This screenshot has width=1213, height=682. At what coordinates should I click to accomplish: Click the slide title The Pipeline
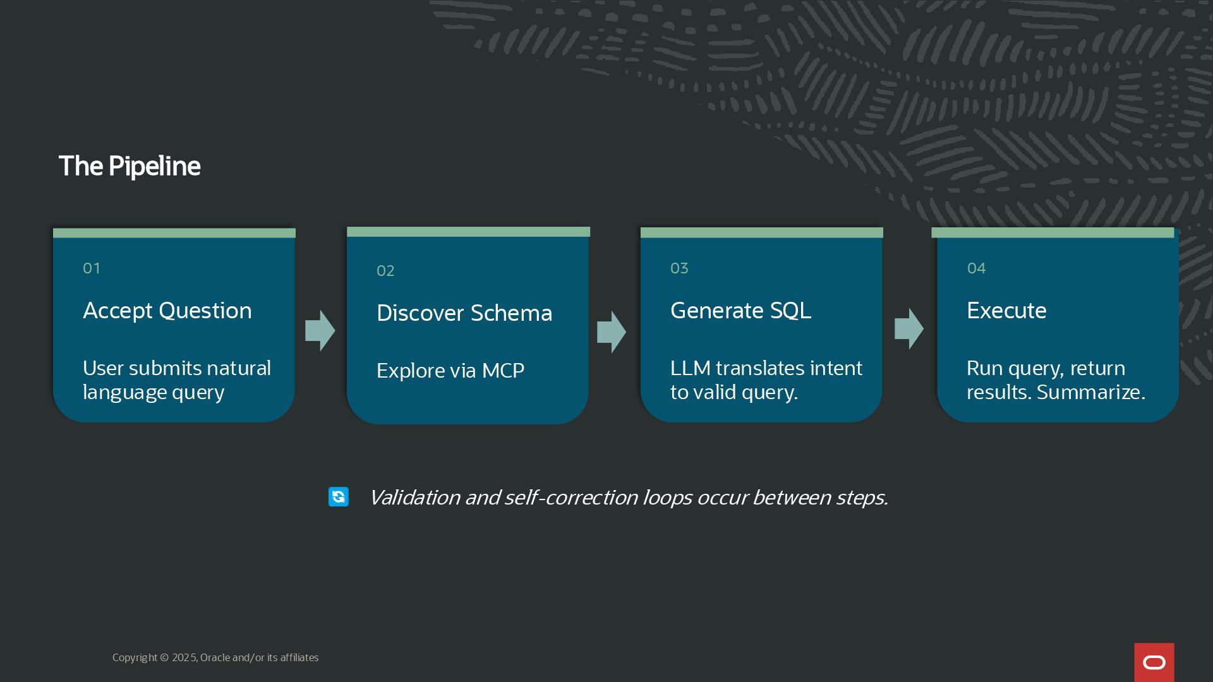coord(130,166)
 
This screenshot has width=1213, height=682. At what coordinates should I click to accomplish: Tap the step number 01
coord(92,268)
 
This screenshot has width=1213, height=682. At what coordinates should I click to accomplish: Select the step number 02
coord(385,271)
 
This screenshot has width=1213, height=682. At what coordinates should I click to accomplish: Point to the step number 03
coord(679,268)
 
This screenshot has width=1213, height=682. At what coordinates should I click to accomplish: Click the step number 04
coord(976,268)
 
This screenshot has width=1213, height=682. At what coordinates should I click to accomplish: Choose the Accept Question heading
coord(167,311)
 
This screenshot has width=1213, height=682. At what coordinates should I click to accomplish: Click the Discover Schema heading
coord(464,313)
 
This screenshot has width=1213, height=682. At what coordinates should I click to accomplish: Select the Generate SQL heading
coord(740,311)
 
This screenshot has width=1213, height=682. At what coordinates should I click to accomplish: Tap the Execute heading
coord(1006,311)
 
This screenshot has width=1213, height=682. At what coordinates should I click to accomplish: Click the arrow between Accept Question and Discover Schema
coord(320,330)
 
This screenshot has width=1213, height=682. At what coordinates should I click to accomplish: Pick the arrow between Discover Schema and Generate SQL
coord(612,332)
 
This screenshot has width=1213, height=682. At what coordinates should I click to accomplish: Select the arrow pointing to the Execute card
coord(909,329)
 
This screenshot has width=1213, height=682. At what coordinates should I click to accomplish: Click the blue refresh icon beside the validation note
coord(339,497)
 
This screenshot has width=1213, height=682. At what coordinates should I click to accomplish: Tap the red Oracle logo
coord(1154,662)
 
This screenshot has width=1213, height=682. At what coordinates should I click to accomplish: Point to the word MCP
coord(503,371)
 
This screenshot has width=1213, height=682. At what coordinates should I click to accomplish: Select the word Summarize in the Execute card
coord(1090,392)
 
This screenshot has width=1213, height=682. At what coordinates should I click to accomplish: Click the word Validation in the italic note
coord(414,498)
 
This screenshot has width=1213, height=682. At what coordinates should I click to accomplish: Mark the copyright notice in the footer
coord(215,657)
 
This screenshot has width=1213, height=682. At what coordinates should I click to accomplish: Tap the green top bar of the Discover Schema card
coord(468,232)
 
